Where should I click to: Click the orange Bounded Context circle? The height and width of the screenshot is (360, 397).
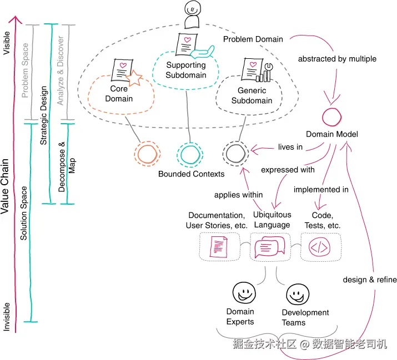[148, 154]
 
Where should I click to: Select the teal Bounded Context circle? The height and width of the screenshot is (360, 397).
[189, 154]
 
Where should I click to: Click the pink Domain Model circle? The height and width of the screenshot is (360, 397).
[333, 118]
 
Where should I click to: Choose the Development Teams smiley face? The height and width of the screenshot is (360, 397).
[297, 292]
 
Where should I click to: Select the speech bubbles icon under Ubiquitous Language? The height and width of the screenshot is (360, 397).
[270, 247]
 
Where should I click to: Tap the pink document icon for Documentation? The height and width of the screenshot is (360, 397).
[219, 247]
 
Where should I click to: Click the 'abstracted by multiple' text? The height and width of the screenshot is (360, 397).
[337, 59]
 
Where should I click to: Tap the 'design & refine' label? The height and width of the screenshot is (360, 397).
[370, 280]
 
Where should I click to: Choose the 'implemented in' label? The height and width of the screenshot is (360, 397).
[321, 190]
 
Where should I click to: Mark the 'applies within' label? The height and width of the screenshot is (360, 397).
[239, 195]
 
